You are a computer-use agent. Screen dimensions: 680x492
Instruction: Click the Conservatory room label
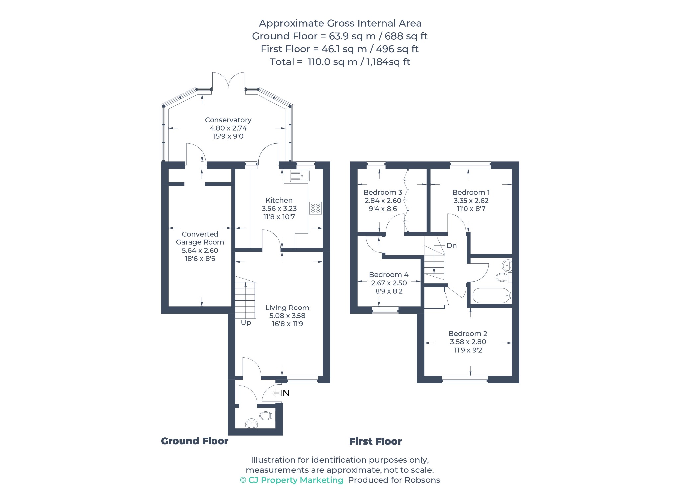(x=228, y=120)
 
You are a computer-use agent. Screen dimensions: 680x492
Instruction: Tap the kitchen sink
(x=300, y=176)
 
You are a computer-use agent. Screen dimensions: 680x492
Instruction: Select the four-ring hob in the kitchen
(x=316, y=208)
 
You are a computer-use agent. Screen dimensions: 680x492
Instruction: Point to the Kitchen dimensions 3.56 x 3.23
(x=279, y=209)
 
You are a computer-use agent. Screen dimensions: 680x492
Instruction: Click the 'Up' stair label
(x=246, y=323)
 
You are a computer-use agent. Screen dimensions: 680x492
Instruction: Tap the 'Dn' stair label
(x=452, y=246)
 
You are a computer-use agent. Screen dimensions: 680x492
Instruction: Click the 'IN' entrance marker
(x=285, y=393)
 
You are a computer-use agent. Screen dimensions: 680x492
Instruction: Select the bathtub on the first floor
(x=491, y=296)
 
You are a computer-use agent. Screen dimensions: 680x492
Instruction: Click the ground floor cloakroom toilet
(x=267, y=415)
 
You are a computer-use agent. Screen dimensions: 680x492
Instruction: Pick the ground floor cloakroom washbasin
(x=251, y=423)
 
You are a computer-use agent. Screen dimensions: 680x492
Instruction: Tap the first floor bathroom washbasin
(x=507, y=265)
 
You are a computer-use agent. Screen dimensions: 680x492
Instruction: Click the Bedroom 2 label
(x=468, y=334)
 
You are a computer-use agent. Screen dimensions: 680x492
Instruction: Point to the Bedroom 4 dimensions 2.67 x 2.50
(x=389, y=283)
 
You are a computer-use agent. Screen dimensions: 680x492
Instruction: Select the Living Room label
(x=287, y=308)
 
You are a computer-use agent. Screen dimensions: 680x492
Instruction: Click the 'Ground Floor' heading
(x=195, y=441)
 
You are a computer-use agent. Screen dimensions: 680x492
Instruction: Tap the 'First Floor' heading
(x=376, y=441)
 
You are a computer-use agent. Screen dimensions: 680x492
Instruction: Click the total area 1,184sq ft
(x=388, y=62)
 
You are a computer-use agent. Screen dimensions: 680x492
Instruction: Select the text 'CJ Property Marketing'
(x=296, y=480)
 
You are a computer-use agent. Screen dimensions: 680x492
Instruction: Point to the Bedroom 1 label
(x=471, y=192)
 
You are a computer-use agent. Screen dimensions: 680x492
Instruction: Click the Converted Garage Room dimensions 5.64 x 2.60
(x=200, y=251)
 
